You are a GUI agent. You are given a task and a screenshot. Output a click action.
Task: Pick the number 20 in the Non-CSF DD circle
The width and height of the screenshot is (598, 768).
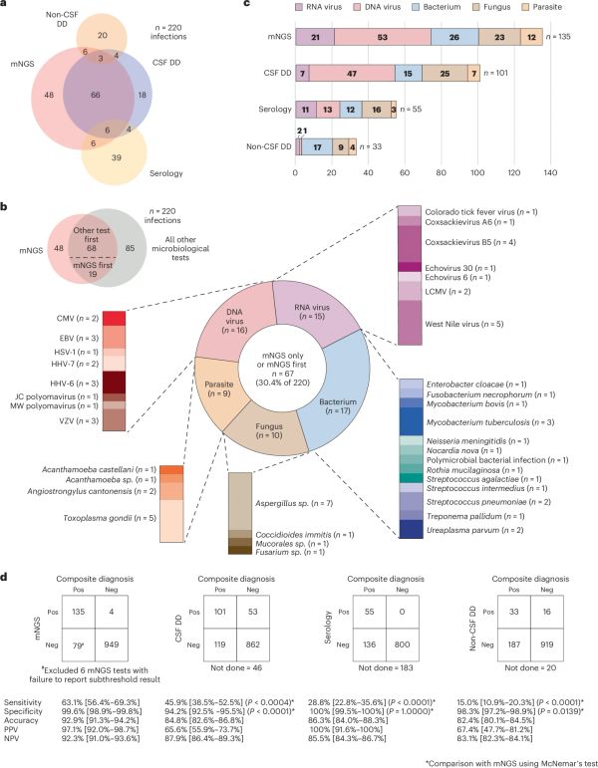104,35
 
